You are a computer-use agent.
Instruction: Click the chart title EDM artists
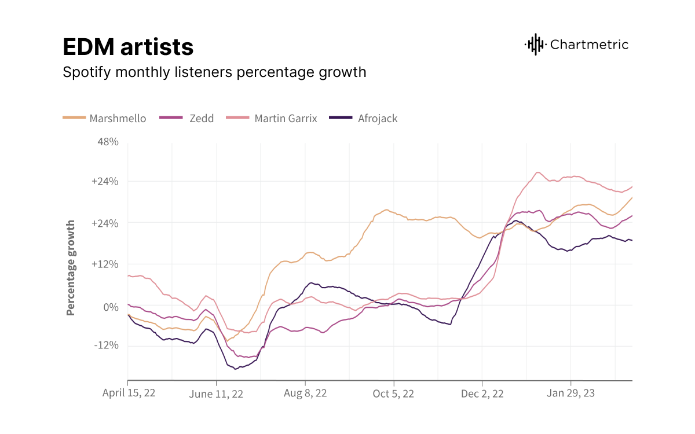coord(128,47)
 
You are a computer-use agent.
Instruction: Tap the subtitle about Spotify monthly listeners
coord(214,72)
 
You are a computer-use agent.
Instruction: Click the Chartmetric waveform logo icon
coord(535,45)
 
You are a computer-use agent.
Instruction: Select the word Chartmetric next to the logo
coord(589,45)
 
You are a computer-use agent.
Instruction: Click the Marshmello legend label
coord(118,118)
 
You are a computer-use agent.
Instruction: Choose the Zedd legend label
coord(201,118)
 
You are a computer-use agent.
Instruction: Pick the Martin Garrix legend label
coord(286,118)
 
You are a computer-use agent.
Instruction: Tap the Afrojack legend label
coord(378,118)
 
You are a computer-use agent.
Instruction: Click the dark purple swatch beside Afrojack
coord(341,118)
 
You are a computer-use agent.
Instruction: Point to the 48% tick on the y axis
coord(108,142)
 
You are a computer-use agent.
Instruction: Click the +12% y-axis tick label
coord(105,264)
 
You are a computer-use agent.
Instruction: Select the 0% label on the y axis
coord(111,306)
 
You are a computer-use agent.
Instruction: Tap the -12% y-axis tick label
coord(106,345)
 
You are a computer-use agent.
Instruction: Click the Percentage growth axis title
coord(71,267)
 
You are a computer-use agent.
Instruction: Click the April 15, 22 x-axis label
coord(129,393)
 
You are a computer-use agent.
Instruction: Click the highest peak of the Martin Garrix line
coord(538,172)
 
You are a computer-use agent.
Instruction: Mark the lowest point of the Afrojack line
coord(236,369)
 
